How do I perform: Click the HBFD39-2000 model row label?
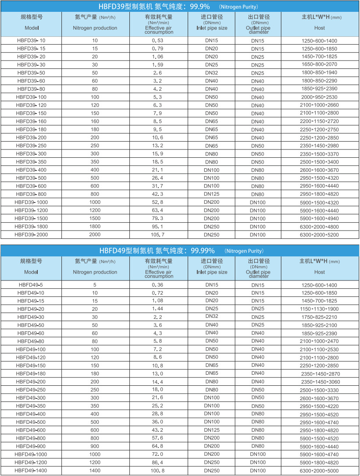(x=30, y=234)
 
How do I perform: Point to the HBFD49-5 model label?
(x=31, y=285)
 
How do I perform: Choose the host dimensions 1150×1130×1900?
(x=320, y=309)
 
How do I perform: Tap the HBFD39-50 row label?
(x=31, y=73)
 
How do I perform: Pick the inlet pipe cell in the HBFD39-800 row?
(x=212, y=194)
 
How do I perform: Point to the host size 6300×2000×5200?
(x=320, y=234)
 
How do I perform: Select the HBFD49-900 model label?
(x=31, y=447)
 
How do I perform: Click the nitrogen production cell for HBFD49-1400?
(x=95, y=471)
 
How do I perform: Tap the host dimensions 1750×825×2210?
(x=320, y=317)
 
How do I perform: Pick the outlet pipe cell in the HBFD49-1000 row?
(x=258, y=455)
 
